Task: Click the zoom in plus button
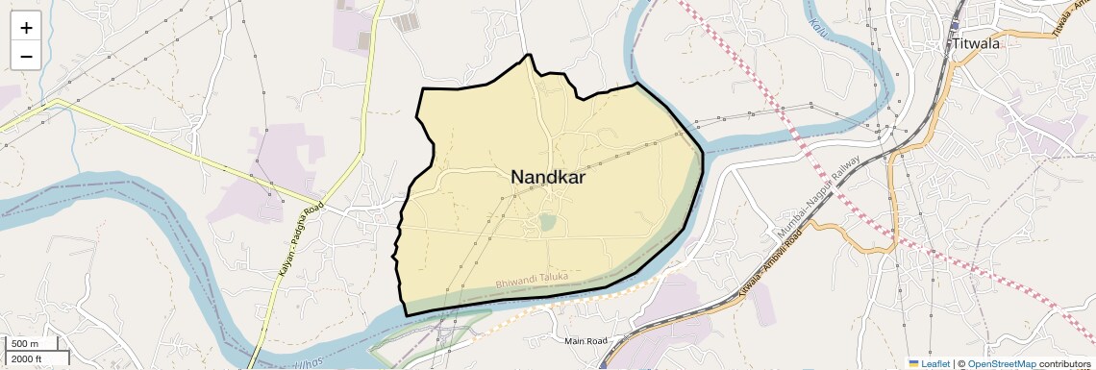(x=26, y=28)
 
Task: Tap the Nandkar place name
(x=548, y=177)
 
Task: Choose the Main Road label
(x=586, y=341)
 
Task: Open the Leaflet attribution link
(x=935, y=363)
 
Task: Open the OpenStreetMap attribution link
(x=1002, y=363)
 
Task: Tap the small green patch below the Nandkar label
(x=547, y=222)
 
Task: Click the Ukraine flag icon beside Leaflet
(x=913, y=363)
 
